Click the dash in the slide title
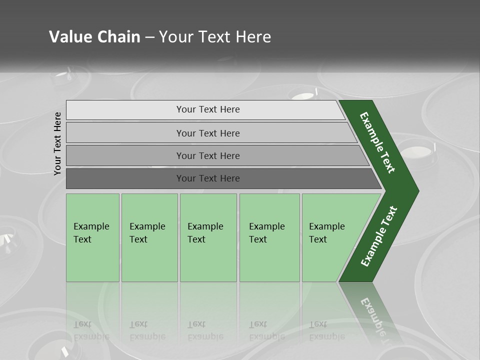[149, 37]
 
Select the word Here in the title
[253, 37]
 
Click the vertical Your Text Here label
[57, 143]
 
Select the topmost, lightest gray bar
[125, 110]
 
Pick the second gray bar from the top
[125, 133]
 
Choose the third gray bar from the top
[125, 155]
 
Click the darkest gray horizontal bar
[125, 178]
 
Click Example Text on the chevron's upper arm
[377, 142]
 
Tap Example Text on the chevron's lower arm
[379, 236]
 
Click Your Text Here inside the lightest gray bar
[208, 109]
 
